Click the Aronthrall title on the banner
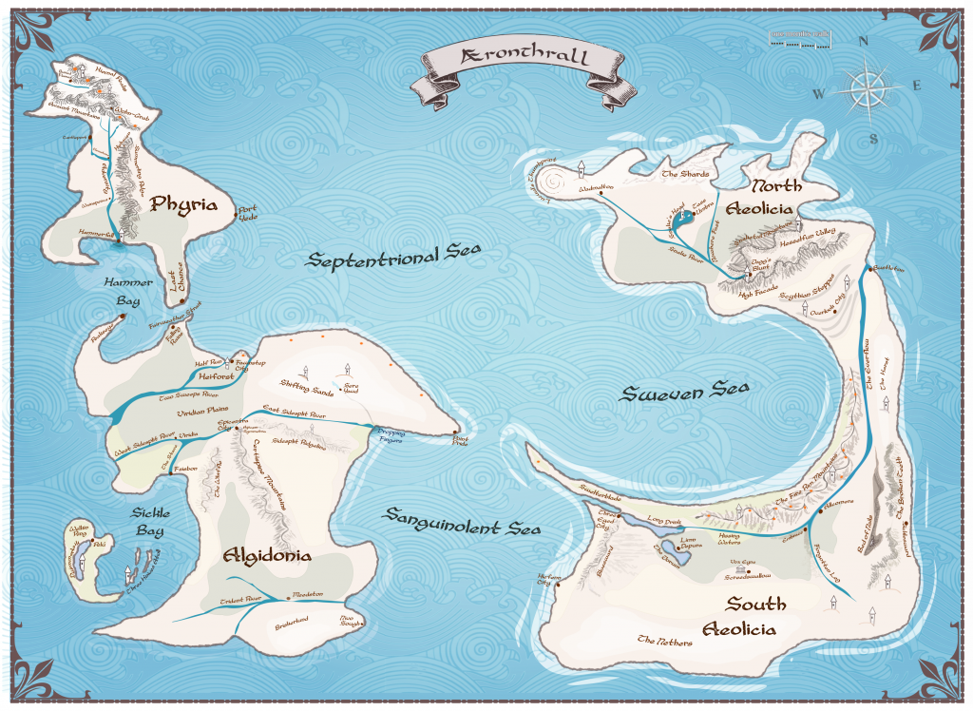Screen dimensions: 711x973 click(525, 59)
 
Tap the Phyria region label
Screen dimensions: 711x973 click(181, 204)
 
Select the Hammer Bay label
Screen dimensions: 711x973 click(123, 292)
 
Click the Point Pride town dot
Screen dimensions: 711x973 click(458, 430)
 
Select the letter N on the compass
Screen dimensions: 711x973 click(863, 41)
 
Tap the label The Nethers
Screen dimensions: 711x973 click(665, 642)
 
